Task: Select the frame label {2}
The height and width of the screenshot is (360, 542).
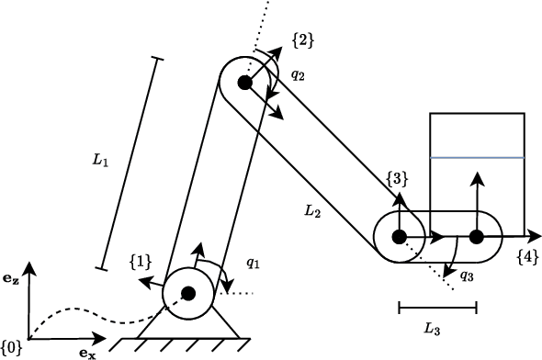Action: (x=302, y=39)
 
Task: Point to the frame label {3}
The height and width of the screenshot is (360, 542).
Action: (x=397, y=178)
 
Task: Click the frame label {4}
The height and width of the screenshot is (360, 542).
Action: (x=527, y=254)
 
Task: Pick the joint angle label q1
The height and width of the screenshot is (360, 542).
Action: (x=254, y=264)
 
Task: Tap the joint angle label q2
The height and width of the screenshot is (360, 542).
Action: (x=298, y=75)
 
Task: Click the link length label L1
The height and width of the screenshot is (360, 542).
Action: (x=101, y=161)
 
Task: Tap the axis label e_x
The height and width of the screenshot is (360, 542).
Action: (x=86, y=351)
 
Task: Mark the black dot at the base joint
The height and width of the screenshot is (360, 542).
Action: (x=188, y=294)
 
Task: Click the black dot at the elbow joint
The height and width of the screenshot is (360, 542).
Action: (x=244, y=83)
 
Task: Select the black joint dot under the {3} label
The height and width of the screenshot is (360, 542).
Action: (x=399, y=237)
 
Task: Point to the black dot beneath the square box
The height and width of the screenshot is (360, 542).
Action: (x=476, y=237)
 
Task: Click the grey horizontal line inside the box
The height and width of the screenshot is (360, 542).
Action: (x=477, y=158)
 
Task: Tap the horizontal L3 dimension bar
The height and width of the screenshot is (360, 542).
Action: (x=437, y=308)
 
